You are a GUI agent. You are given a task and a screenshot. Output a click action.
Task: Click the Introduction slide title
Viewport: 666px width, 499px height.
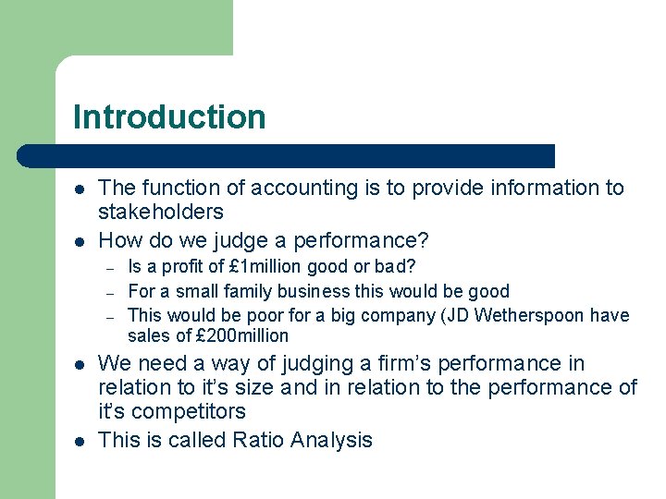coord(169,117)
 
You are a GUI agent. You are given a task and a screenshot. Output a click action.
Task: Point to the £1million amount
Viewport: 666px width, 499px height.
coord(234,267)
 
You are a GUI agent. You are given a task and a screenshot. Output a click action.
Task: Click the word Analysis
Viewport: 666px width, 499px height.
coord(331,440)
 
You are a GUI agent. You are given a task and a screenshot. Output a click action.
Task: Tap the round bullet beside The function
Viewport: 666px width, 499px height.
coord(80,189)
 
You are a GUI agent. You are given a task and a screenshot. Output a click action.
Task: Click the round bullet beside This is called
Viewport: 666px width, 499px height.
coord(80,440)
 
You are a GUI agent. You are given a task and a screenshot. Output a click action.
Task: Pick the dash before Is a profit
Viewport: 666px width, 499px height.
coord(109,268)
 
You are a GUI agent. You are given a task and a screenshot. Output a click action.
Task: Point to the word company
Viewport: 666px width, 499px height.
coord(383,315)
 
